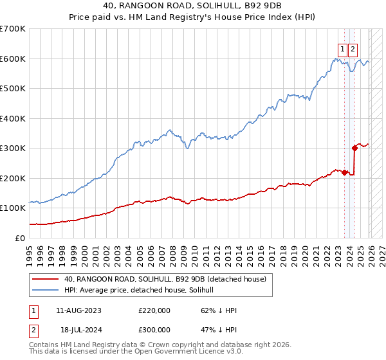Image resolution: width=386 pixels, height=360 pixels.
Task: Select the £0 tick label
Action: [x=21, y=238]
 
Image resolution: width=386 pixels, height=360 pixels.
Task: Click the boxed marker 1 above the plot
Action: [x=343, y=48]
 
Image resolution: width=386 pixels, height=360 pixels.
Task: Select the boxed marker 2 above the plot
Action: [x=354, y=48]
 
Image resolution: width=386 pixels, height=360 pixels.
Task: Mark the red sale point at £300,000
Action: [x=354, y=148]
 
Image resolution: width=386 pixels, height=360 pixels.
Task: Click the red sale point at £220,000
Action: [x=344, y=172]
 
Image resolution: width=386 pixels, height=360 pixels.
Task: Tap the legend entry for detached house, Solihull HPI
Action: [x=143, y=290]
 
